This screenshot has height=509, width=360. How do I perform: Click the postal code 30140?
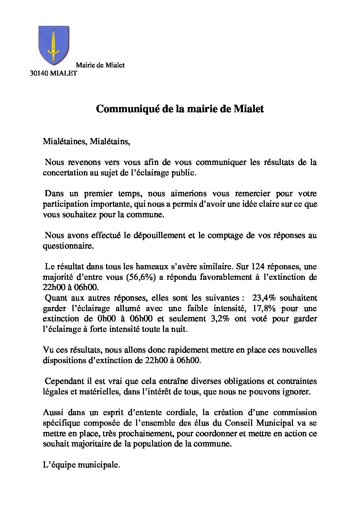(x=39, y=73)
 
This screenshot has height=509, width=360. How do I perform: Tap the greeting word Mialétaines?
(x=65, y=141)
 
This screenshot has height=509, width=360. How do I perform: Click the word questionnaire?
(x=68, y=246)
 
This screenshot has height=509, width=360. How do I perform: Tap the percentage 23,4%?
(x=264, y=298)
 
